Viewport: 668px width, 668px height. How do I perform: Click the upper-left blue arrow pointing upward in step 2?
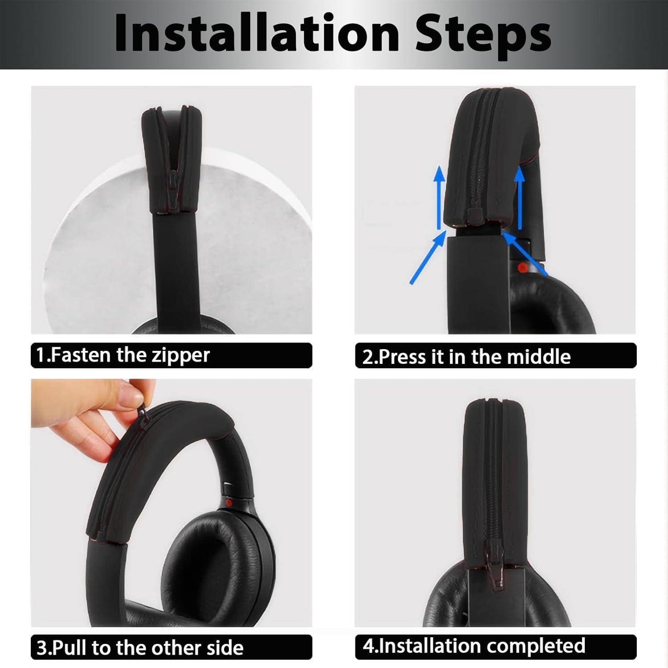[440, 196]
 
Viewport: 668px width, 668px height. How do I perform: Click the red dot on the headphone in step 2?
[521, 268]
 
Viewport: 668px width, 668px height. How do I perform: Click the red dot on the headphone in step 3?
[228, 503]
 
